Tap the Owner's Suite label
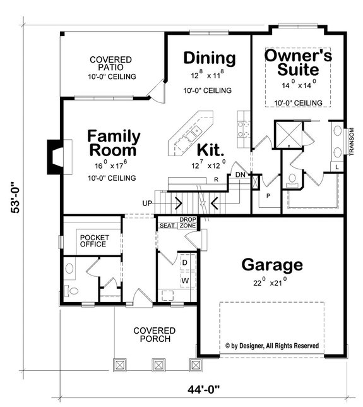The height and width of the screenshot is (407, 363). tap(298, 62)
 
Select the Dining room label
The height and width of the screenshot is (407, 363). tap(209, 58)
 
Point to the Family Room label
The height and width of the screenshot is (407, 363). tap(113, 143)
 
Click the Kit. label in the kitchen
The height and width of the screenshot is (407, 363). tap(211, 150)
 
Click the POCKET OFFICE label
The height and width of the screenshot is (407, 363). tap(92, 240)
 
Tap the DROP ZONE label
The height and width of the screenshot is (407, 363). tap(187, 222)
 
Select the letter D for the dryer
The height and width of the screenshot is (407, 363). tap(186, 261)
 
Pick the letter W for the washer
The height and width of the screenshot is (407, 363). tap(186, 279)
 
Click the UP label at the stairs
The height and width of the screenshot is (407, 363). tap(148, 203)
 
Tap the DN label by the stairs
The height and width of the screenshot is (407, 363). tap(240, 174)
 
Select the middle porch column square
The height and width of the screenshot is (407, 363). tap(157, 365)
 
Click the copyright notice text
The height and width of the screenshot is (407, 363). tap(272, 346)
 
